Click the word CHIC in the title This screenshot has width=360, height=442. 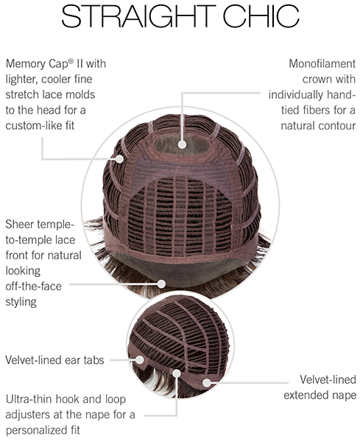coord(261,16)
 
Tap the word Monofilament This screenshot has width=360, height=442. coord(322,63)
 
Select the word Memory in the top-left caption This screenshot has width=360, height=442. coord(25,64)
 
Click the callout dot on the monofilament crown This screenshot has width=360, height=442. coord(183,144)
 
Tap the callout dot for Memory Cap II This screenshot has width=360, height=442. coord(120,158)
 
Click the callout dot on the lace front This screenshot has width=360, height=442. coord(161,284)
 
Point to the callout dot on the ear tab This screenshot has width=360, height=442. coord(140,359)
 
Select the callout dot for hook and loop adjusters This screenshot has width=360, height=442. coord(177,373)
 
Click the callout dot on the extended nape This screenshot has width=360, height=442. coord(207,382)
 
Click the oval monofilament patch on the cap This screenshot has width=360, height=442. coord(183,144)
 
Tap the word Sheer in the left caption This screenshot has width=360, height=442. coord(20,225)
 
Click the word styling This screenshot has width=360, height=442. coord(21,302)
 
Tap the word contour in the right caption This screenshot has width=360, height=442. coord(337,126)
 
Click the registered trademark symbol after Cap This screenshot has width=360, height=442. coord(71,61)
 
